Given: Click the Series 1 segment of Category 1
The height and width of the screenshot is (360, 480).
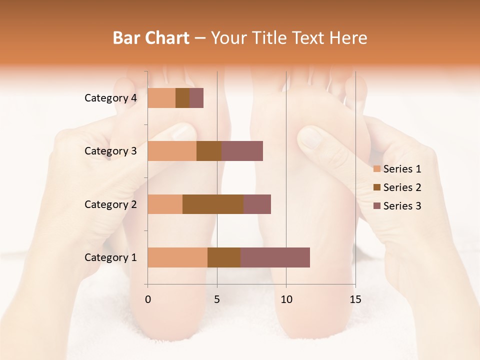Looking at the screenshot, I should [x=177, y=257].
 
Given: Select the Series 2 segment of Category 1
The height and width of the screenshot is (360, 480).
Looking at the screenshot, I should [x=224, y=257].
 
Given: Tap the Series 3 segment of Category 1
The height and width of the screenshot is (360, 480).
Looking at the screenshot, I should [x=275, y=257].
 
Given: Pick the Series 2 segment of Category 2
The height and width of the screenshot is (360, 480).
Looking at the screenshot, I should [x=213, y=204].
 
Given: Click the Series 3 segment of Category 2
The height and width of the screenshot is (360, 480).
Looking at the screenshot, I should [x=257, y=204].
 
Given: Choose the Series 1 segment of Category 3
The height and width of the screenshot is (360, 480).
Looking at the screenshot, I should [x=172, y=150].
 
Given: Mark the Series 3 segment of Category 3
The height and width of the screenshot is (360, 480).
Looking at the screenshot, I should [x=242, y=150].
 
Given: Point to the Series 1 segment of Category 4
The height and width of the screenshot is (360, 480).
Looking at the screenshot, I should [x=161, y=97].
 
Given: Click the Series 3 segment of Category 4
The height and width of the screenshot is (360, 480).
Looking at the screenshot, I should [x=196, y=97].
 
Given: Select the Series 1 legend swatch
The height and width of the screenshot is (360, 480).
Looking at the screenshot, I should [x=376, y=169].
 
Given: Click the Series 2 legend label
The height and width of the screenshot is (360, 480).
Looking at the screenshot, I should [x=402, y=187].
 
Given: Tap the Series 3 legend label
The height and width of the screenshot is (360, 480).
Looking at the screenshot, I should [x=402, y=206].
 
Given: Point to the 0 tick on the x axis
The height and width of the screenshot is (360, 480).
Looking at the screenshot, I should [x=147, y=299].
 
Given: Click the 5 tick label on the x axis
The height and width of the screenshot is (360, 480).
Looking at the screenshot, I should [x=217, y=299].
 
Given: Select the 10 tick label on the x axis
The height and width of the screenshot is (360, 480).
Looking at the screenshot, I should [x=286, y=299].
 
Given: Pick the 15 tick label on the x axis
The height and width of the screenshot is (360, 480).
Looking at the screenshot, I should [x=355, y=299].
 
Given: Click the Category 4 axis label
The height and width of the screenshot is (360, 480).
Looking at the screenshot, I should [x=110, y=98].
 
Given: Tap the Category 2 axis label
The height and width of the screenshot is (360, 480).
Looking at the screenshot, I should [x=110, y=204].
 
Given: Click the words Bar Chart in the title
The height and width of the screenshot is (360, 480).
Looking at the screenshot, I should [x=151, y=37].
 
